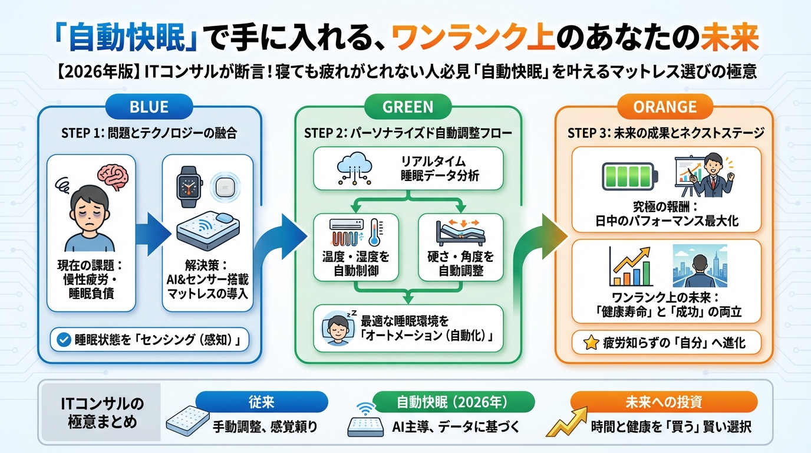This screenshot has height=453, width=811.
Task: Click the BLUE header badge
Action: [x=149, y=107]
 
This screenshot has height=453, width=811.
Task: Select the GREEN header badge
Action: [x=408, y=107]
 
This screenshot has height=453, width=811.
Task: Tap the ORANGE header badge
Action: [x=664, y=107]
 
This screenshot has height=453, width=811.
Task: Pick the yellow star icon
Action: [x=590, y=343]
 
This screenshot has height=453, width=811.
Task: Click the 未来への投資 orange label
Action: [x=664, y=402]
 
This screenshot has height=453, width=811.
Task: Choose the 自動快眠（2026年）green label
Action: [x=451, y=403]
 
